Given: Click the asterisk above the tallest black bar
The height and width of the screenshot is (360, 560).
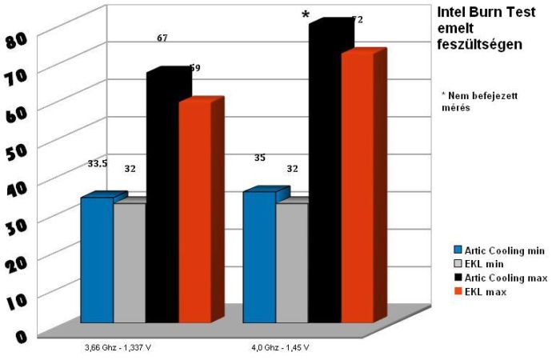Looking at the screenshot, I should pyautogui.click(x=306, y=15).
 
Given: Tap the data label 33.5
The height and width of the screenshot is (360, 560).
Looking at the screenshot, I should pyautogui.click(x=98, y=163).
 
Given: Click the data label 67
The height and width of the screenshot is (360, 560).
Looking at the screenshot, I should pyautogui.click(x=162, y=37).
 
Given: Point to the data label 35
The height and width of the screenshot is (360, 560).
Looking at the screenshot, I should pyautogui.click(x=259, y=158).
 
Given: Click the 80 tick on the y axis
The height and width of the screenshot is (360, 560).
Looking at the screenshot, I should pyautogui.click(x=17, y=38).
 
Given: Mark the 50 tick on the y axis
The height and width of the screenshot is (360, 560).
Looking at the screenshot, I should pyautogui.click(x=17, y=150).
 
